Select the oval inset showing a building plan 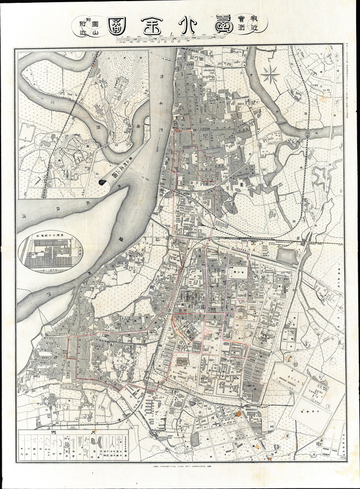(49, 253)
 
